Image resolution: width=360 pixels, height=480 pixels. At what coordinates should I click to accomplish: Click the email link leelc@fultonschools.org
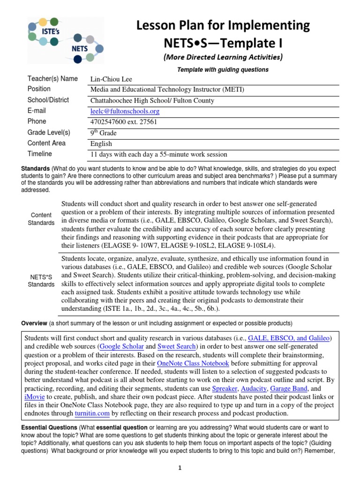click(125, 111)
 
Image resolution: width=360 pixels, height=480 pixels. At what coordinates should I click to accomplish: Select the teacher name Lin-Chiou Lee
click(111, 79)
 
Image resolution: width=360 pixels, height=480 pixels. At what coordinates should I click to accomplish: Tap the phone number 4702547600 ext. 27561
click(123, 122)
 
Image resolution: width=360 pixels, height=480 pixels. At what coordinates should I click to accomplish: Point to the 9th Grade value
click(104, 133)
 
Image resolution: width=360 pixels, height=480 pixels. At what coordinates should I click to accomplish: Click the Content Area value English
click(101, 143)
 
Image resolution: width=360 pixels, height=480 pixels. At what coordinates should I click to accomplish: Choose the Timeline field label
click(40, 154)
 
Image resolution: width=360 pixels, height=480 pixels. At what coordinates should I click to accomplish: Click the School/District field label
click(48, 100)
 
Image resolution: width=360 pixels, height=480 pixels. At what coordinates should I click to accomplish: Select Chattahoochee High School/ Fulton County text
click(152, 100)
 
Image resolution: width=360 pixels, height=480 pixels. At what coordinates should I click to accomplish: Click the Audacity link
click(254, 389)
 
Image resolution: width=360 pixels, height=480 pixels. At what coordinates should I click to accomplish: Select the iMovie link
click(35, 397)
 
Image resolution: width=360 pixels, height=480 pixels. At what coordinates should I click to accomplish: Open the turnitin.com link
click(92, 414)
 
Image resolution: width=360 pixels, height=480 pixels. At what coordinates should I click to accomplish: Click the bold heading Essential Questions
click(49, 427)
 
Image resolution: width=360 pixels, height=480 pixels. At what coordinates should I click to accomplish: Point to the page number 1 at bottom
click(180, 468)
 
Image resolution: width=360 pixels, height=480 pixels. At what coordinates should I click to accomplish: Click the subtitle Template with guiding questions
click(222, 69)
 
